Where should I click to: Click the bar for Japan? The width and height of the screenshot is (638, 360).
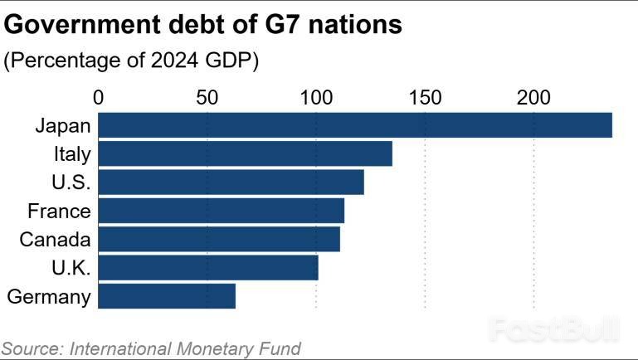pyautogui.click(x=355, y=125)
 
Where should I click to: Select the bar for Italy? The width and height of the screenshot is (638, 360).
pyautogui.click(x=246, y=154)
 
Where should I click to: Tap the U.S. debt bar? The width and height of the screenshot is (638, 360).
pyautogui.click(x=231, y=182)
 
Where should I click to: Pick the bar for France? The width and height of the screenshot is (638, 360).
pyautogui.click(x=222, y=211)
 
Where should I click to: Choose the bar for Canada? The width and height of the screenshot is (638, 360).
pyautogui.click(x=220, y=239)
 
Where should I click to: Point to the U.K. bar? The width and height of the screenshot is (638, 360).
pyautogui.click(x=208, y=267)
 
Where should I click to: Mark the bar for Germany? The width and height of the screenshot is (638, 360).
pyautogui.click(x=167, y=296)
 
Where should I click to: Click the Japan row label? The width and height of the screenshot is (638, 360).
pyautogui.click(x=63, y=126)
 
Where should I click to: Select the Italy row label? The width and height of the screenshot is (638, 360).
pyautogui.click(x=71, y=154)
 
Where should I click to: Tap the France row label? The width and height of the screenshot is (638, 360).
pyautogui.click(x=59, y=211)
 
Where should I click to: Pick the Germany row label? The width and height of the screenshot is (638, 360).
pyautogui.click(x=48, y=296)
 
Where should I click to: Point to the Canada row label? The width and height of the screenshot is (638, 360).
pyautogui.click(x=55, y=240)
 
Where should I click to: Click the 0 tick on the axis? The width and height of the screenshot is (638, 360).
pyautogui.click(x=100, y=97)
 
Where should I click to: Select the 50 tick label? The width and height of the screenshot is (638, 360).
pyautogui.click(x=207, y=97)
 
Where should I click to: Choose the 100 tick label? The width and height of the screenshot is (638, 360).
pyautogui.click(x=316, y=97)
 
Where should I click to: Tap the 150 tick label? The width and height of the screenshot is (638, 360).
pyautogui.click(x=425, y=97)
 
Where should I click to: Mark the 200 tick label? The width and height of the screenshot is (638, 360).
pyautogui.click(x=533, y=97)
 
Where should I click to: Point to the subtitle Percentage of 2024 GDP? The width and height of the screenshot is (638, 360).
pyautogui.click(x=132, y=61)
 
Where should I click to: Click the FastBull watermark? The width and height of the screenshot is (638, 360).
pyautogui.click(x=554, y=331)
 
